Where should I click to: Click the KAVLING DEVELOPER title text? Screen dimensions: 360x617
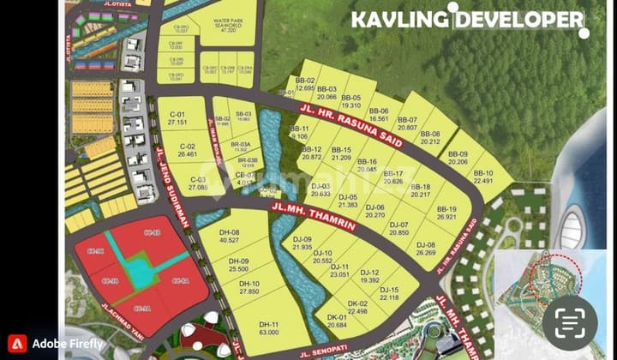coord(467,20)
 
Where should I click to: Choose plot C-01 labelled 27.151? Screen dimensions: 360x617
coord(178,118)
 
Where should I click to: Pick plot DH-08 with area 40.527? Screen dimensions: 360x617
coord(229,236)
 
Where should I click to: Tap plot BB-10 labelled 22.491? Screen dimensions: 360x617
coord(483,177)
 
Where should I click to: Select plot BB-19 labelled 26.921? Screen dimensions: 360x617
coord(446,213)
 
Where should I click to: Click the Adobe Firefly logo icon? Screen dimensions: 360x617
coord(16,344)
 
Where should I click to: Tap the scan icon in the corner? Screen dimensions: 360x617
coord(569,322)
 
